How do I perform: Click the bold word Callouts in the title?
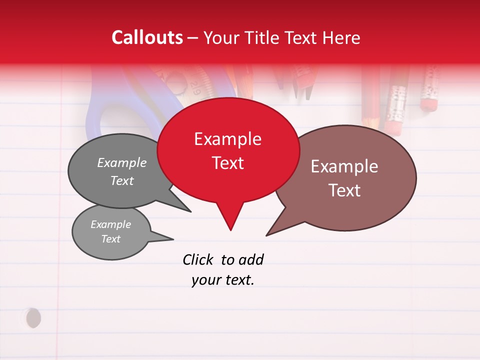click(147, 37)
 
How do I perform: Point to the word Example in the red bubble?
click(227, 139)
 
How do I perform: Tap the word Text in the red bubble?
click(228, 163)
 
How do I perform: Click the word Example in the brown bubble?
click(344, 166)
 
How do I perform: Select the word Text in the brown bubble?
click(344, 190)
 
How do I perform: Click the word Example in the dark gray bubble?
click(122, 162)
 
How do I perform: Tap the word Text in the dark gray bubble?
click(122, 180)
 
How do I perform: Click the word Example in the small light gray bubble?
click(111, 224)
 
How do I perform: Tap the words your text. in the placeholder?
click(223, 280)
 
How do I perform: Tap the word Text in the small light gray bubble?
click(111, 239)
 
